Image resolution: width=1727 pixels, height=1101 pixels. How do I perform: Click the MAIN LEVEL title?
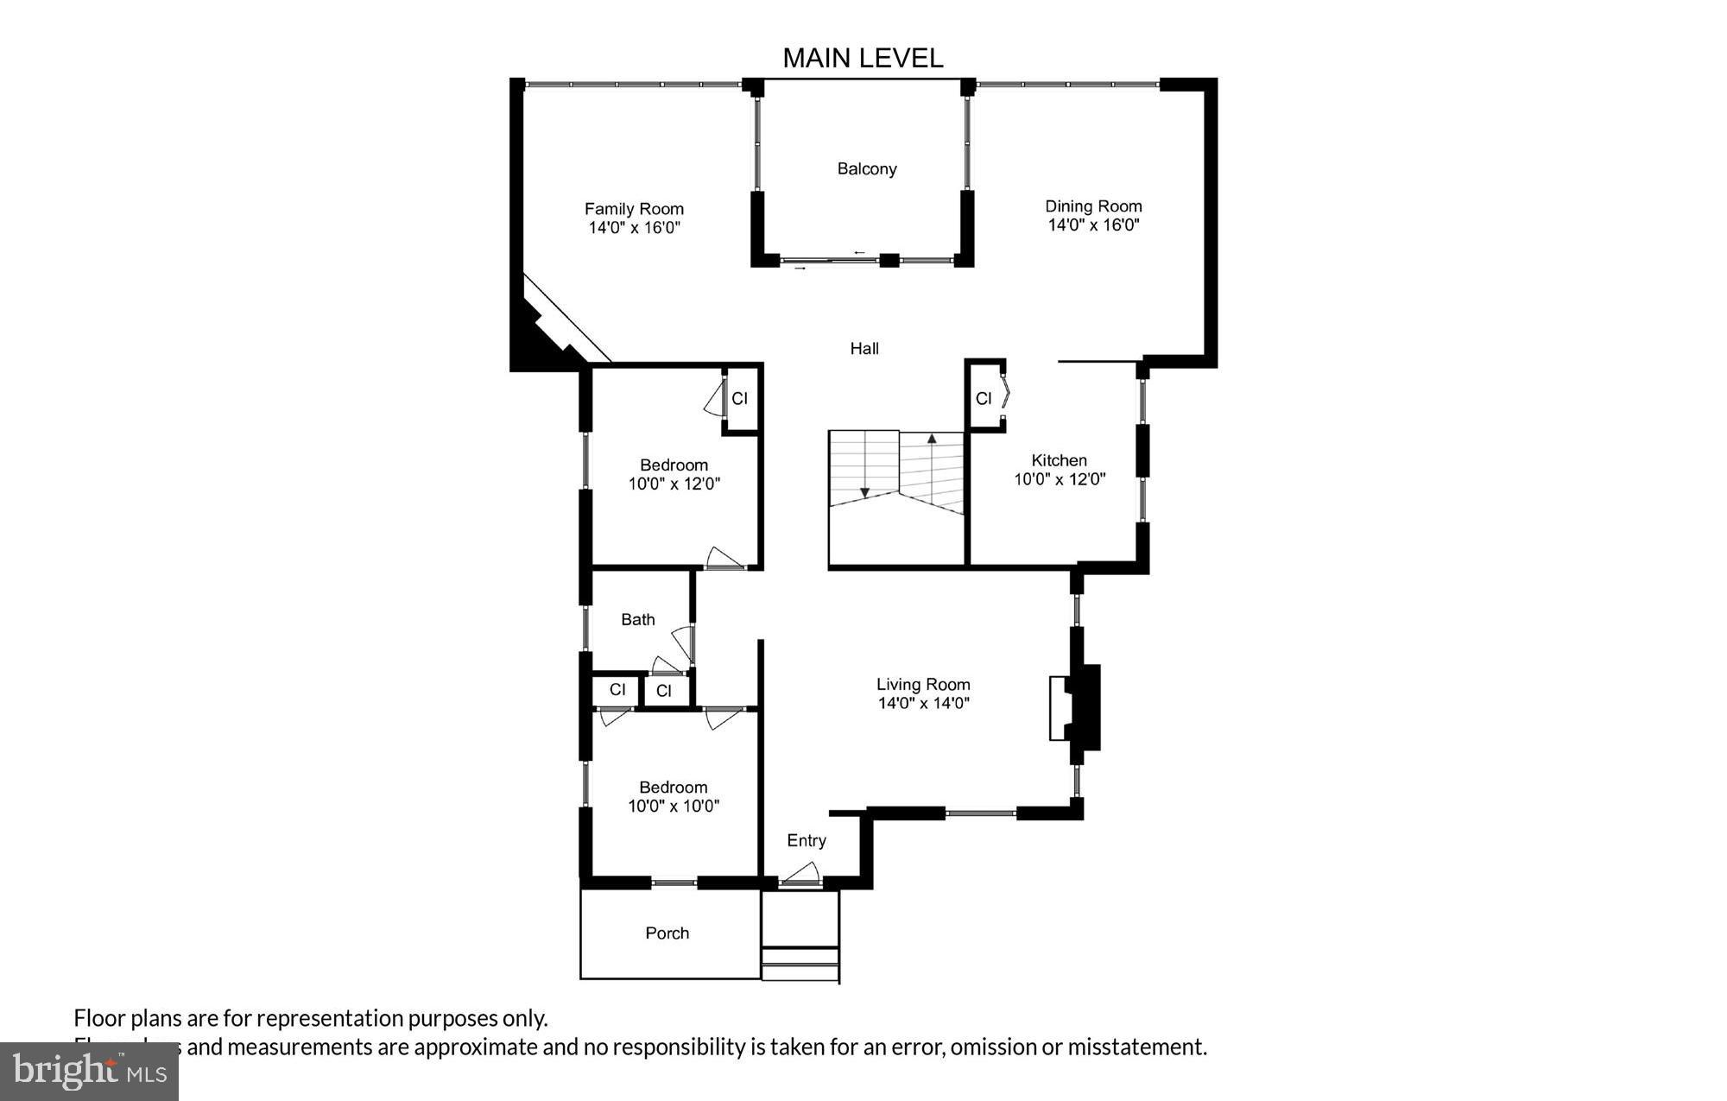(863, 58)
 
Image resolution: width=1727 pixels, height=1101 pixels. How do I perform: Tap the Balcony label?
(867, 169)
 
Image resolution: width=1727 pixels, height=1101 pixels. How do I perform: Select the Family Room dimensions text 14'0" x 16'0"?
(635, 228)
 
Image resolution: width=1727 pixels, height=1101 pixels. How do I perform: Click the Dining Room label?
(1093, 206)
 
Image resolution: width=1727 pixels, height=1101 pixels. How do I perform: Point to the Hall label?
(864, 349)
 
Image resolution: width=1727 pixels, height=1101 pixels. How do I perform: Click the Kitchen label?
(1059, 460)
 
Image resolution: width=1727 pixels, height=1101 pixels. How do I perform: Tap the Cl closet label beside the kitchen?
(984, 398)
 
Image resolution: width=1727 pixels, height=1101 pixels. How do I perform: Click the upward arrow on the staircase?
(932, 439)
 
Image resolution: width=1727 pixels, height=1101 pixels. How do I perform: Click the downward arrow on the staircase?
(864, 492)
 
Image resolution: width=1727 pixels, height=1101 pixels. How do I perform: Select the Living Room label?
(923, 685)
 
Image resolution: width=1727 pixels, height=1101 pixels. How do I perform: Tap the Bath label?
(638, 619)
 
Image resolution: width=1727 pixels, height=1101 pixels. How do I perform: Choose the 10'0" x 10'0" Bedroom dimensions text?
(674, 807)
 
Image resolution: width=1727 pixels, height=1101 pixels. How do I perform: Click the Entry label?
(807, 841)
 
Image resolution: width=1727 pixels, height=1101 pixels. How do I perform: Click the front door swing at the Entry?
(801, 874)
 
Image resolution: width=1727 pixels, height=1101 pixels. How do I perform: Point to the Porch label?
(667, 933)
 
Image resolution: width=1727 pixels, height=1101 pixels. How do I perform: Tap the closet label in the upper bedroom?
(740, 399)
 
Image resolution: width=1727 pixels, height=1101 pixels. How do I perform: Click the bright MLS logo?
(89, 1072)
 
